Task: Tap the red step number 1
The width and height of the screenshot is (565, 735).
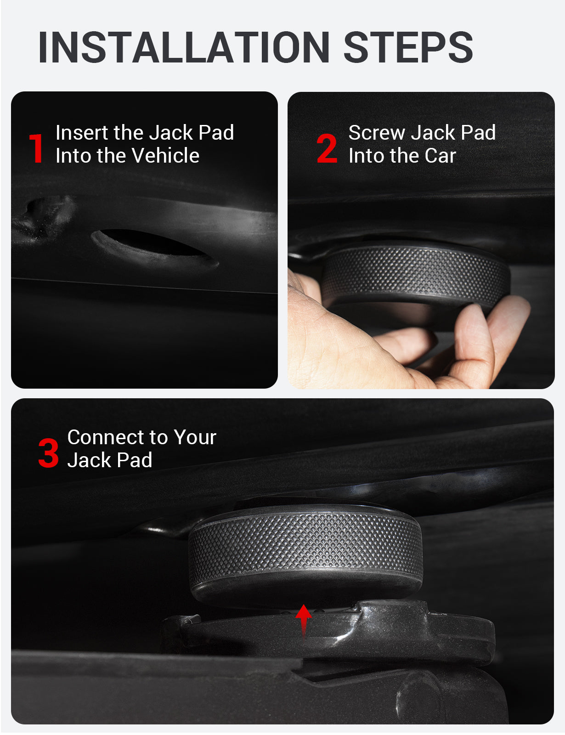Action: pos(36,148)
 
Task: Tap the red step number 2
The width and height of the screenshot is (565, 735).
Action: pos(327,148)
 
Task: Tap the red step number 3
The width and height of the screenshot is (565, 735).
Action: pos(48,453)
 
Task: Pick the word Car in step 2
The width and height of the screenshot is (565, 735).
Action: pos(440,156)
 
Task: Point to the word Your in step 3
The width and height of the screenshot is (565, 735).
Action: pos(195,437)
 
